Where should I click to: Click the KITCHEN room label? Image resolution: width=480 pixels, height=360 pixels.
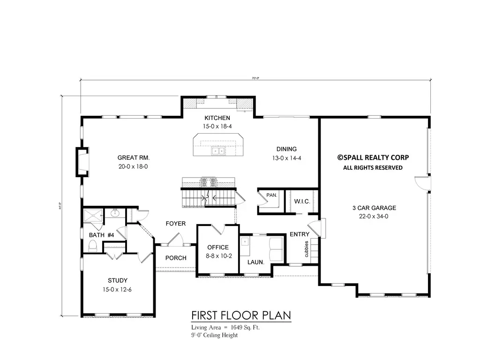[217, 118]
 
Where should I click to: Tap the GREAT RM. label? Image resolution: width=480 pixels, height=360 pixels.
[133, 158]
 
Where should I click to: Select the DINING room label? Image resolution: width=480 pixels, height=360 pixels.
[286, 150]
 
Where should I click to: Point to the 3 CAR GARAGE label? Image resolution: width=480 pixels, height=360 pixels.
[374, 208]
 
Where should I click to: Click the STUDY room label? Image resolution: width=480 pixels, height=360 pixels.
[117, 281]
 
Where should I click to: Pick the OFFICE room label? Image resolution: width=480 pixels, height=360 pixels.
[218, 247]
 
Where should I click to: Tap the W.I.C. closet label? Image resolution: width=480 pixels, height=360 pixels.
[300, 202]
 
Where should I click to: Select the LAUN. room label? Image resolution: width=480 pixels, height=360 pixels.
[256, 262]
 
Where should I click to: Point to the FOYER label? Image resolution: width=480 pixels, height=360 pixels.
[175, 224]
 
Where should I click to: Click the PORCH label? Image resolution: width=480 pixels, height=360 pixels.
[176, 258]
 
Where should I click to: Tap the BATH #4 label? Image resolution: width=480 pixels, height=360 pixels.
[102, 235]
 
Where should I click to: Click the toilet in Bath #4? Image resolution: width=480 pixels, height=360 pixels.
[92, 246]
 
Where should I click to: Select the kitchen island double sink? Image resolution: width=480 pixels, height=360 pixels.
[217, 151]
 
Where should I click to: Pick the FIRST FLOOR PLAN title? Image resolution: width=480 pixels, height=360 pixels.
[241, 315]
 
